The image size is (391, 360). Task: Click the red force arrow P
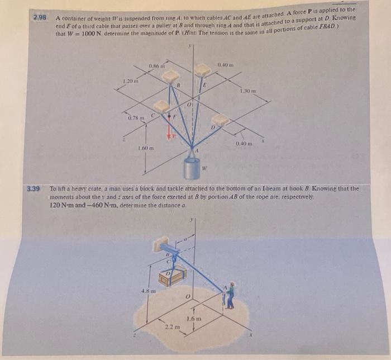[x=168, y=130]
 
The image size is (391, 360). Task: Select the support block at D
[x=220, y=120]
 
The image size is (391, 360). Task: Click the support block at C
[x=161, y=106]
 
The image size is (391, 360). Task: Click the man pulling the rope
[x=229, y=296]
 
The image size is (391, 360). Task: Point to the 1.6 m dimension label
[x=196, y=318]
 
